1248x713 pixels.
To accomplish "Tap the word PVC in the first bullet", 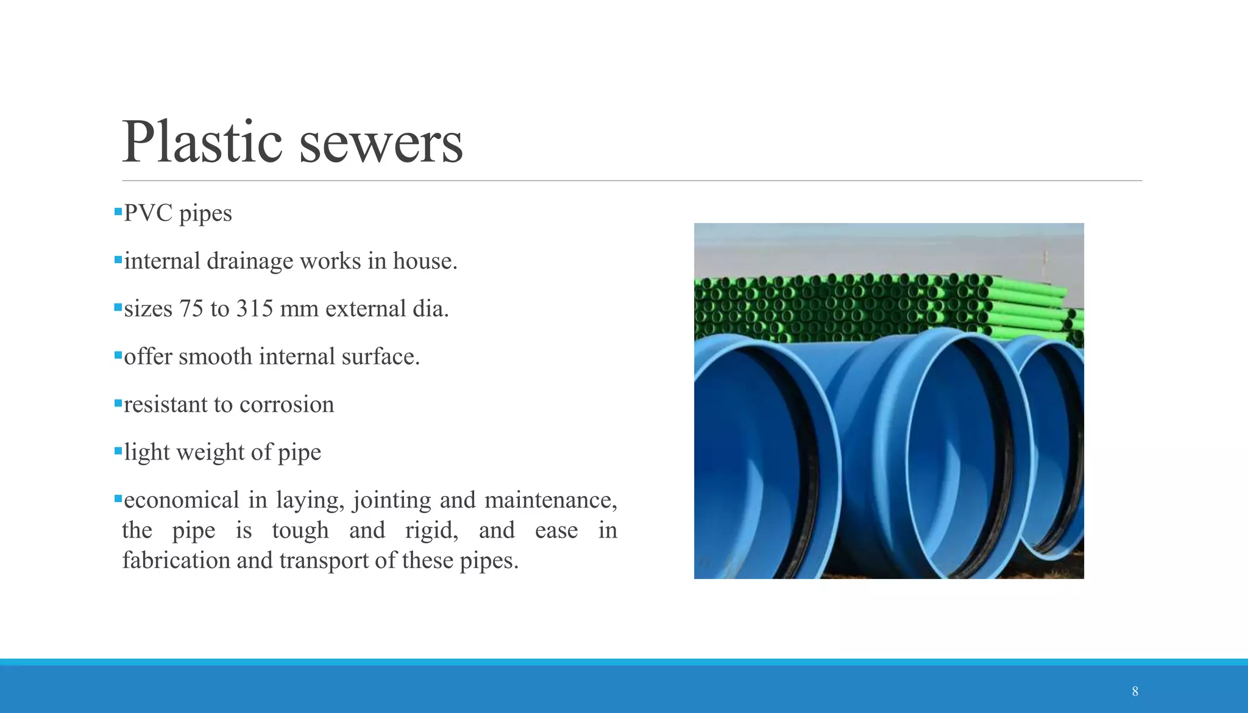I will coord(148,214).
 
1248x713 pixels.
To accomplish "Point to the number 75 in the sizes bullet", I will coord(191,309).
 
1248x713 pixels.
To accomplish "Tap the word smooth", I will coord(215,357).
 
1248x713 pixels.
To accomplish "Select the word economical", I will coord(182,500).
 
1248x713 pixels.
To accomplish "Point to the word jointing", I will coord(392,500).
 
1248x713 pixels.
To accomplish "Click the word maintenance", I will coord(551,500).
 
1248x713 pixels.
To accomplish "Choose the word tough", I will coord(300,530).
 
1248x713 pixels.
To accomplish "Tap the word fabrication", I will coord(176,560).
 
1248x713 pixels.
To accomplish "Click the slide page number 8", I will coord(1135,691).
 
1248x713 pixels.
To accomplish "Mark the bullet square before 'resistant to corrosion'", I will coord(118,403).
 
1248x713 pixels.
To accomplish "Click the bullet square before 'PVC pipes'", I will coord(118,212).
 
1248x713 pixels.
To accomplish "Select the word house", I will coord(425,261).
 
